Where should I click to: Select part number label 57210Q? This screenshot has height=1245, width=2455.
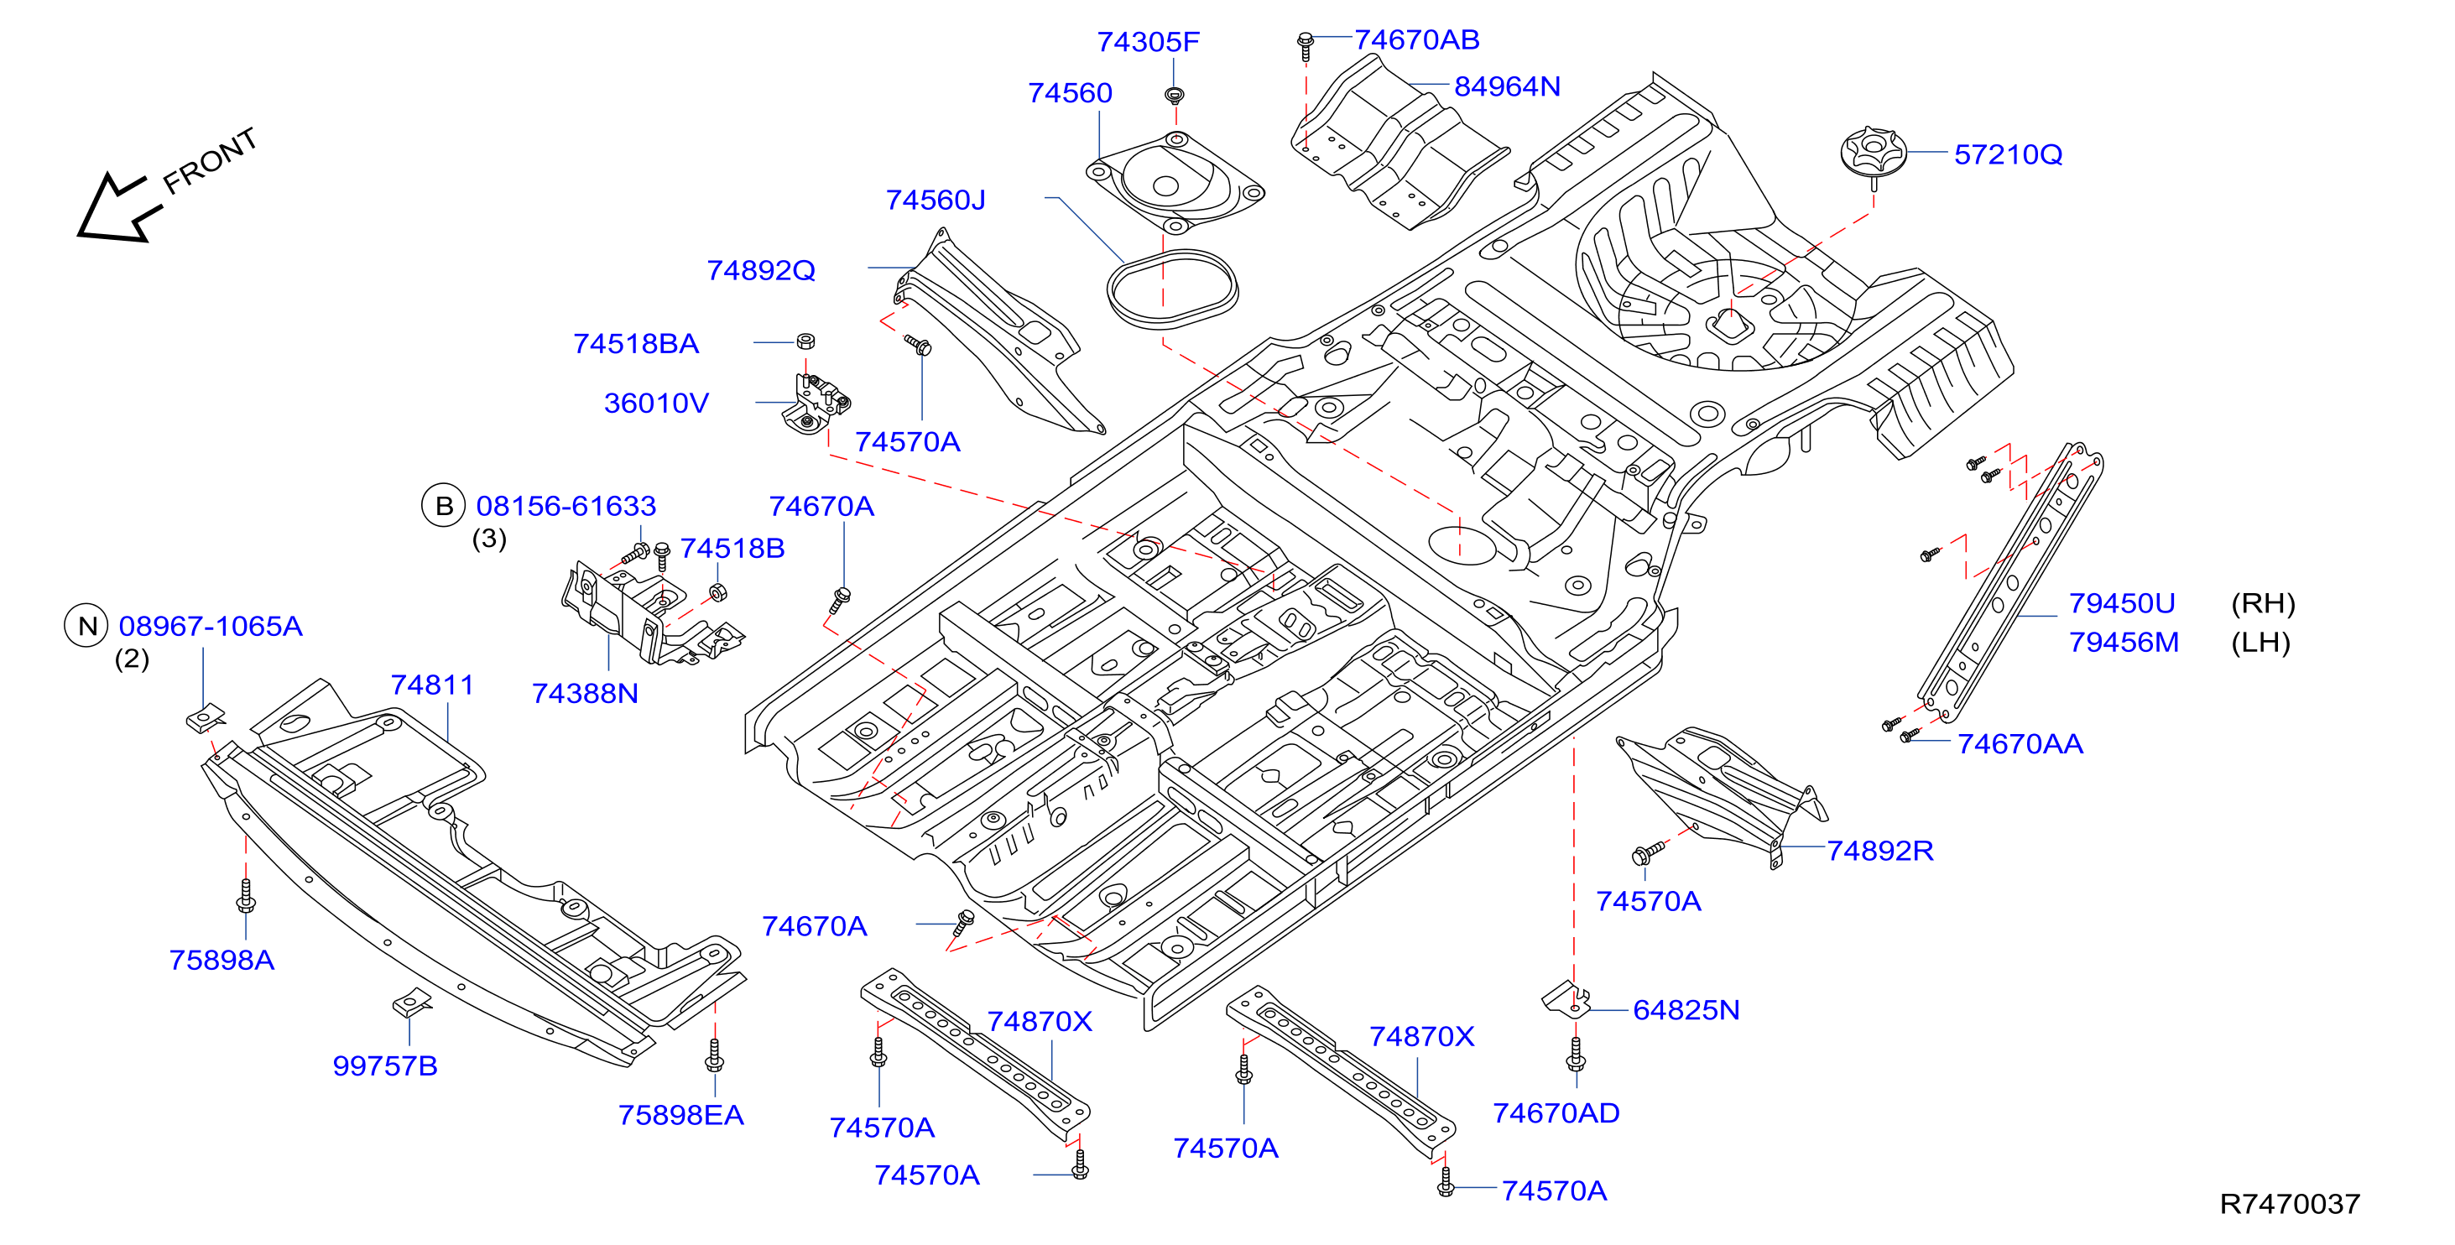2008,154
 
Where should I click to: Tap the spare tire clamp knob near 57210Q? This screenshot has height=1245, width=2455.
1873,154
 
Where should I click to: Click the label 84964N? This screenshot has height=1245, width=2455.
1507,86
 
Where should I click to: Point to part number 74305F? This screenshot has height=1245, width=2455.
1148,42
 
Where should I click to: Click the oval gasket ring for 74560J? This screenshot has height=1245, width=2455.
1172,289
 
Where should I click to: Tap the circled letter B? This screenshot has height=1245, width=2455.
443,506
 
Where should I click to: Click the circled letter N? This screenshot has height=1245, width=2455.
86,627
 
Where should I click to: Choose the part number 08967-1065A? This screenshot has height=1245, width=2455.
211,627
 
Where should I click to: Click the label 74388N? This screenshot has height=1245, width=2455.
584,694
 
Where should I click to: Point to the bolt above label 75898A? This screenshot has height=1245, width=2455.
246,896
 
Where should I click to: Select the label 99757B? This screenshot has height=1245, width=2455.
385,1065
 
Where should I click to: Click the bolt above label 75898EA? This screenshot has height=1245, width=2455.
715,1055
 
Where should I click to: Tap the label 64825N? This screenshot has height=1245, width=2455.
1686,1010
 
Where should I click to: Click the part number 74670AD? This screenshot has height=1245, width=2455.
1556,1113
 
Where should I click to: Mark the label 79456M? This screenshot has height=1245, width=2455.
2124,643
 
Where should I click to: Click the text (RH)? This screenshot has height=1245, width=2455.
2263,603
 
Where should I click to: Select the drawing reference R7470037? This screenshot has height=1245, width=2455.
2289,1204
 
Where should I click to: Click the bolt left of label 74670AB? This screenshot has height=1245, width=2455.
1306,46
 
